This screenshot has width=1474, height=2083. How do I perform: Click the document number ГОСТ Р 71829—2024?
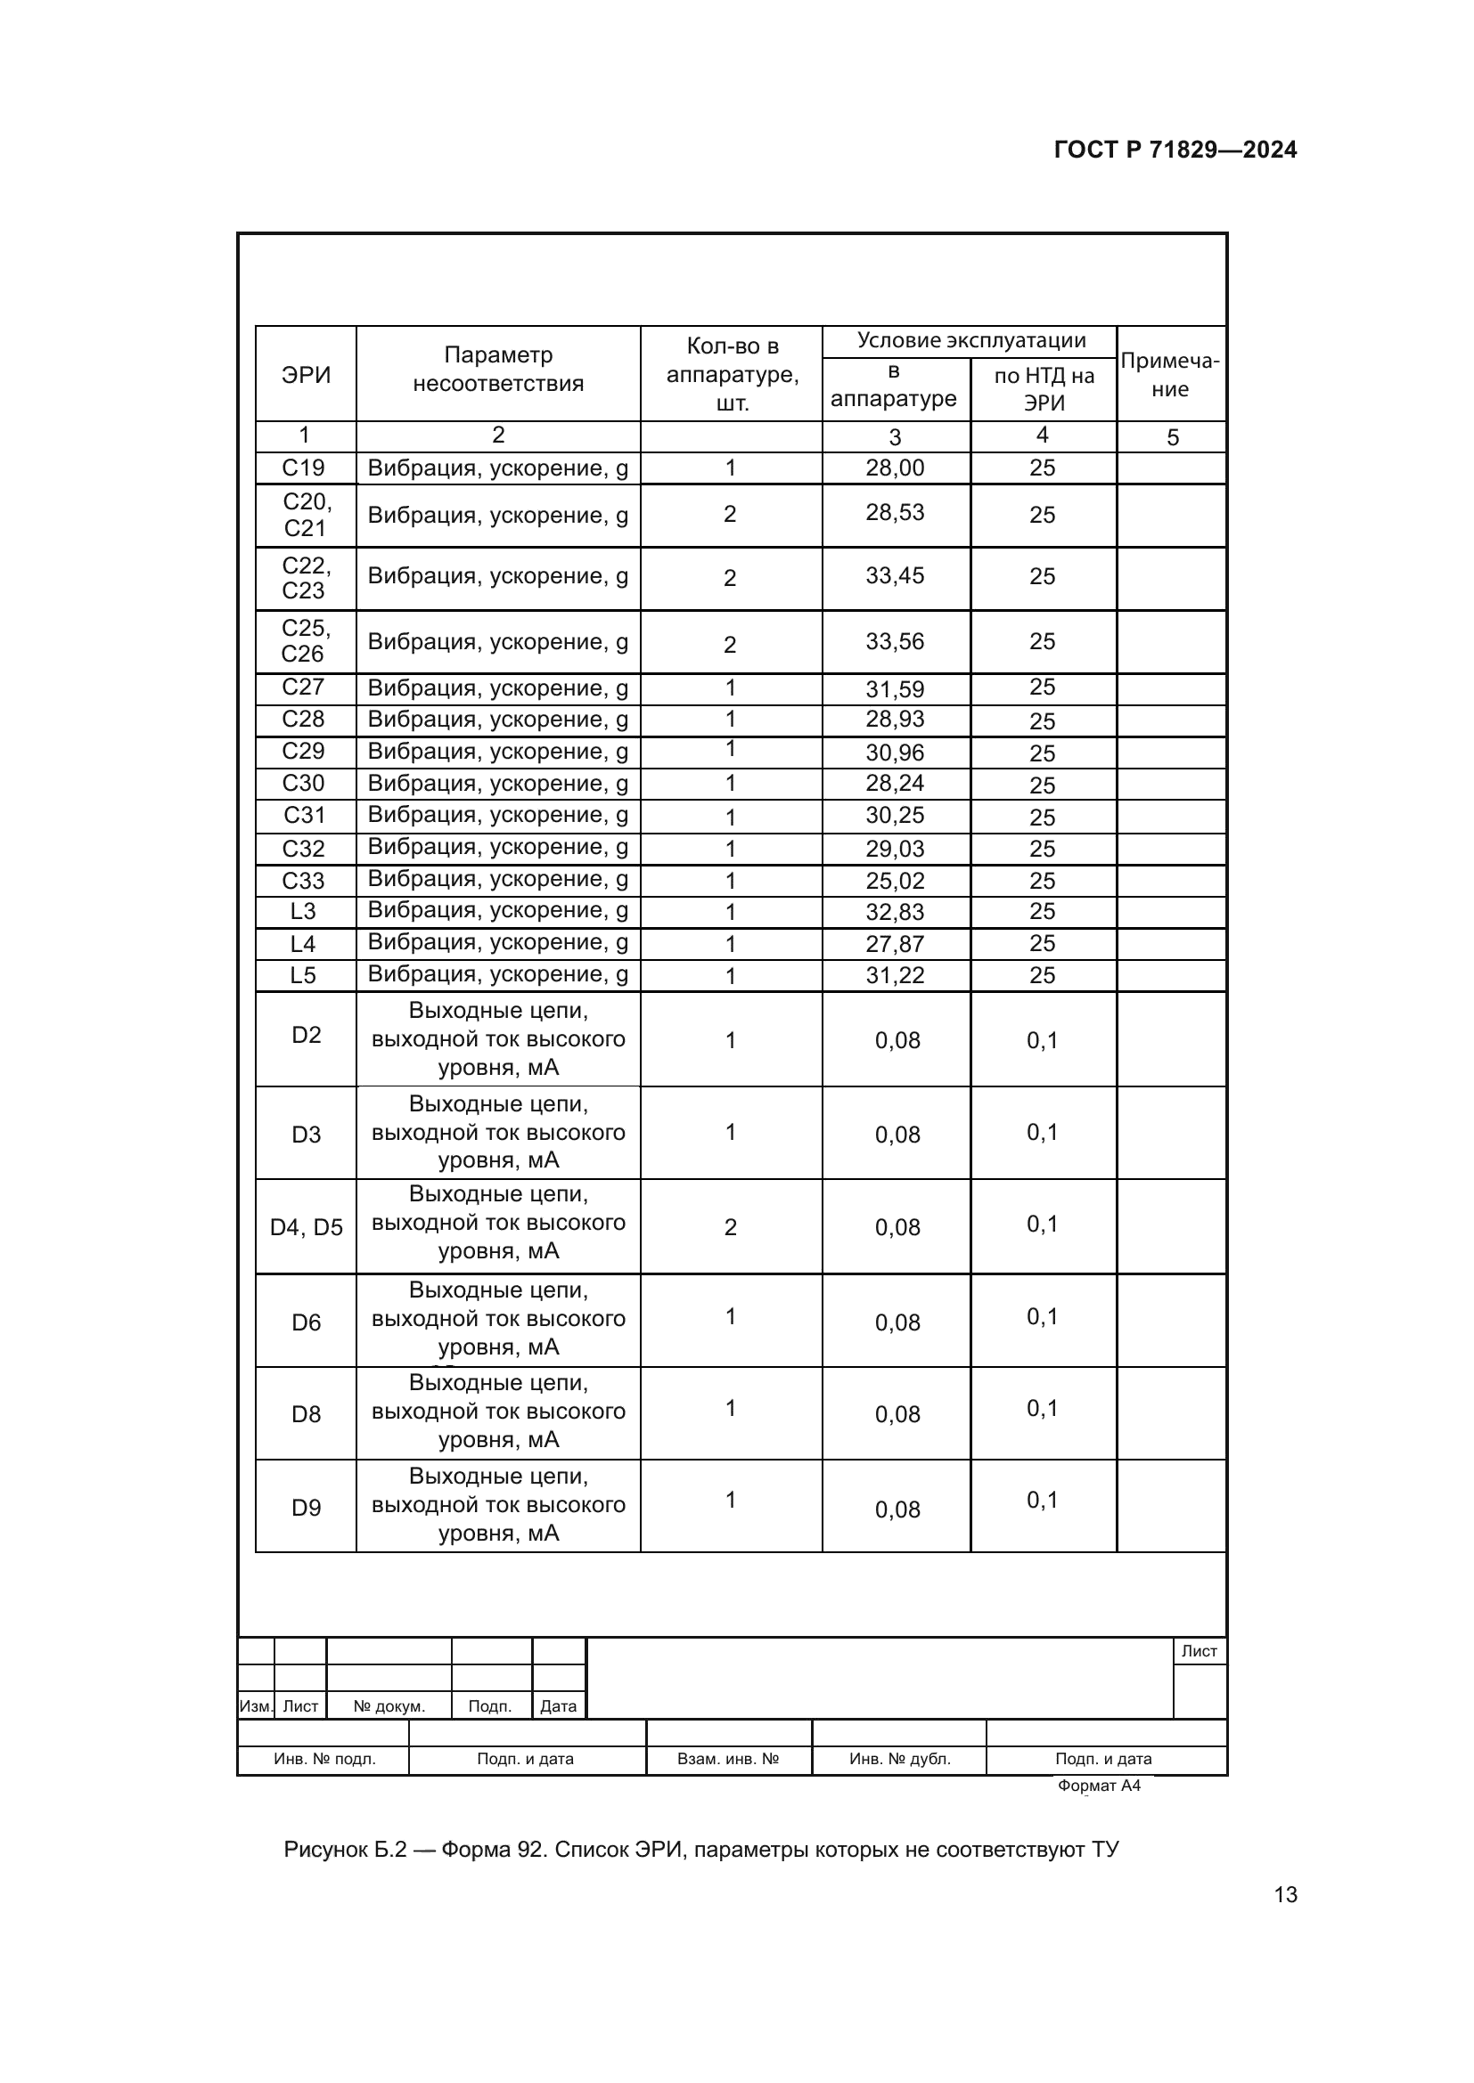pyautogui.click(x=1175, y=150)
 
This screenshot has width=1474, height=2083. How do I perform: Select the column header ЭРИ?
pyautogui.click(x=306, y=375)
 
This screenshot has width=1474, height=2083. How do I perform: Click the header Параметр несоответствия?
pyautogui.click(x=497, y=370)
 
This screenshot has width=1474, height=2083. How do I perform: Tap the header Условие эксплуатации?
pyautogui.click(x=971, y=340)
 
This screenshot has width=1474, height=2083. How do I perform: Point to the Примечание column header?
pyautogui.click(x=1170, y=375)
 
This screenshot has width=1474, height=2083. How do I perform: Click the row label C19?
pyautogui.click(x=303, y=468)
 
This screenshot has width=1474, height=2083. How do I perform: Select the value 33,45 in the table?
pyautogui.click(x=895, y=576)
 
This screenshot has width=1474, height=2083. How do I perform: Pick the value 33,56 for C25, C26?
pyautogui.click(x=895, y=641)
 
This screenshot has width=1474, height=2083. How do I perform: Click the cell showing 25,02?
pyautogui.click(x=895, y=881)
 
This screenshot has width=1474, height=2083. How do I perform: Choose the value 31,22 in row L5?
pyautogui.click(x=895, y=975)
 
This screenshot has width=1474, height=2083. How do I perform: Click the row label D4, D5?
pyautogui.click(x=306, y=1227)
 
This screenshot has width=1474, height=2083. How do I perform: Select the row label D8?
pyautogui.click(x=306, y=1414)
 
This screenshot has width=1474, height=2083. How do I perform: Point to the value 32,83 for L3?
pyautogui.click(x=895, y=912)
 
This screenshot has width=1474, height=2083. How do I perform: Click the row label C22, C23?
pyautogui.click(x=305, y=578)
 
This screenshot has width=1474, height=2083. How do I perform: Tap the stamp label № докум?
pyautogui.click(x=389, y=1706)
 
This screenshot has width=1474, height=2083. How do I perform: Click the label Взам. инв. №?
pyautogui.click(x=728, y=1759)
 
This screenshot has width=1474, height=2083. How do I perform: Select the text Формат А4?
pyautogui.click(x=1098, y=1786)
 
